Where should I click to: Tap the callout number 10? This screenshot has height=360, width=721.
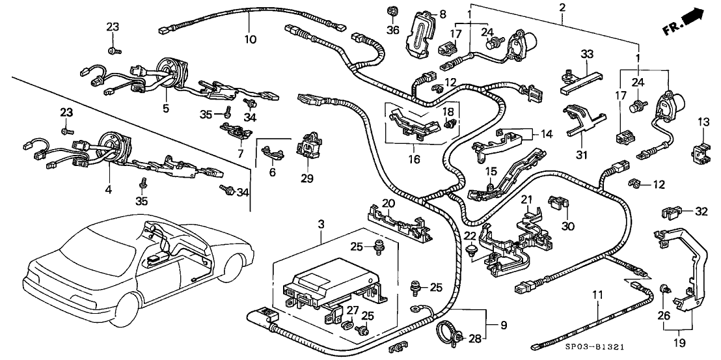250,39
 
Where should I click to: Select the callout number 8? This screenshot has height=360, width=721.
442,14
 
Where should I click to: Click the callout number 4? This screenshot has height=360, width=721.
109,191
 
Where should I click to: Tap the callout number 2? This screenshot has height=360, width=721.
562,7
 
